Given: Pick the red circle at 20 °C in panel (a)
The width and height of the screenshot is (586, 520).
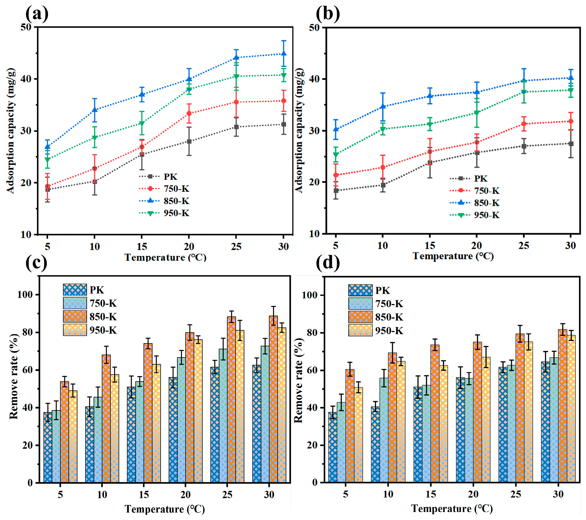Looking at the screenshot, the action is [189, 113].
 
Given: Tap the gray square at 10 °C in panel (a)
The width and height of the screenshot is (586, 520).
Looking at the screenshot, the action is [95, 181].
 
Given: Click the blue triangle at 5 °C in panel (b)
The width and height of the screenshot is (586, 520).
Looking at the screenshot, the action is [336, 129].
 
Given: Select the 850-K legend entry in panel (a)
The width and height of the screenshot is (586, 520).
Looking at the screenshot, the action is [164, 201].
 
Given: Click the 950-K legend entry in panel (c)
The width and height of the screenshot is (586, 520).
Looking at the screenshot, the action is [90, 330].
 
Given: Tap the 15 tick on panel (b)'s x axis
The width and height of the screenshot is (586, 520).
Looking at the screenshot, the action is [429, 245].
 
